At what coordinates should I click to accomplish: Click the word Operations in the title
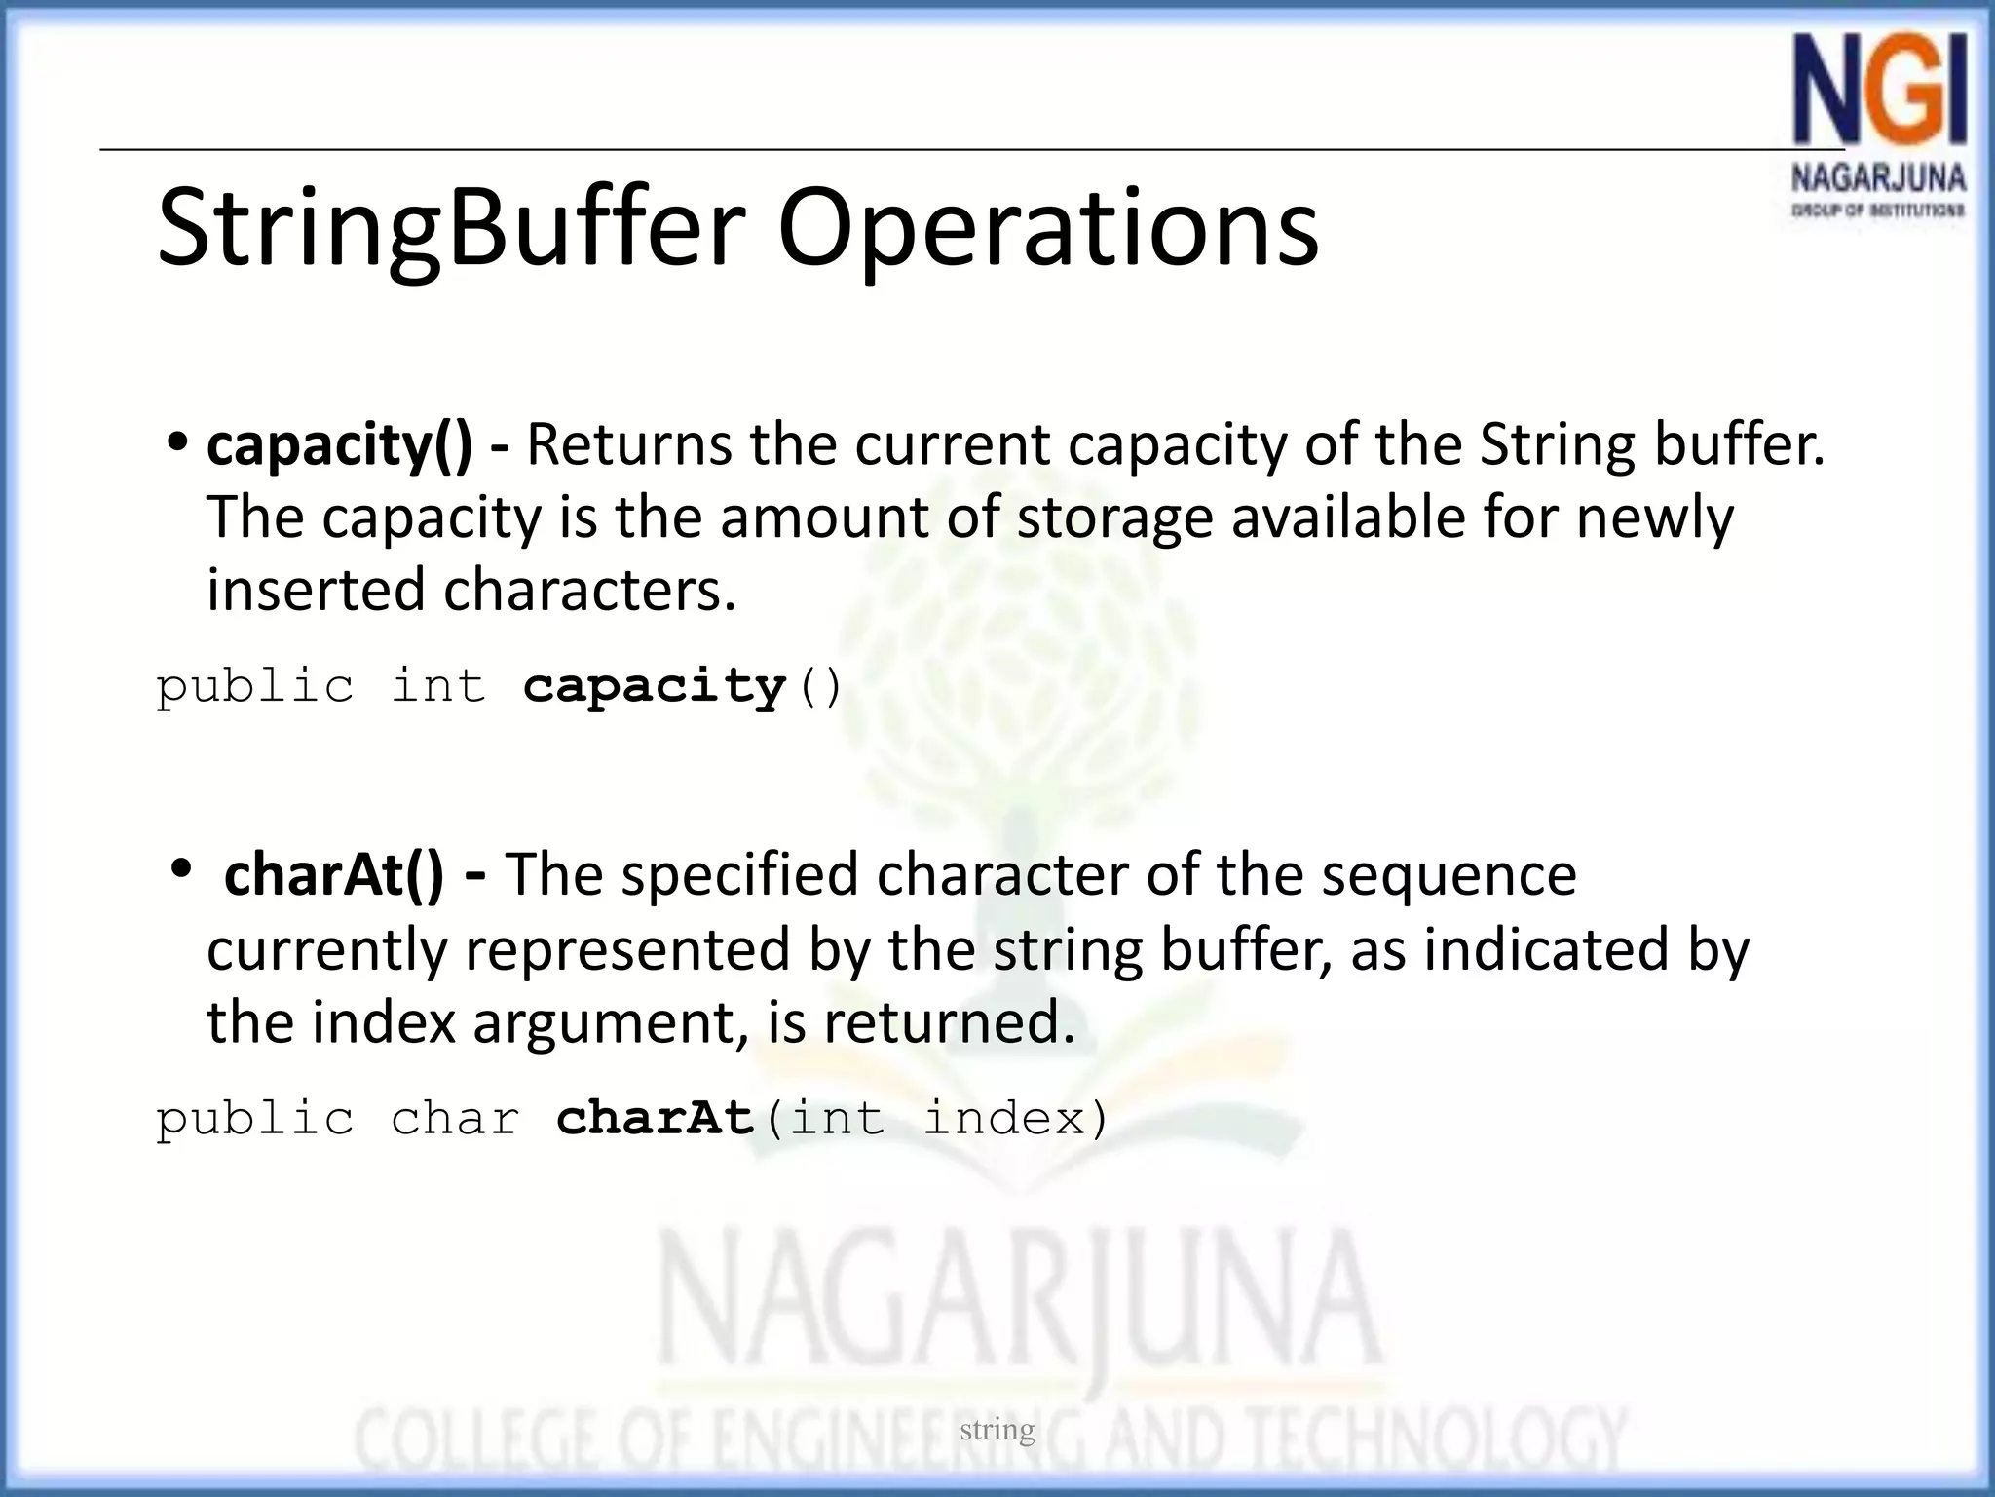pyautogui.click(x=1047, y=229)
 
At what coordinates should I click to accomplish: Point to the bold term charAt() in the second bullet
pyautogui.click(x=333, y=874)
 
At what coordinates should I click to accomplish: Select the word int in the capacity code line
pyautogui.click(x=437, y=686)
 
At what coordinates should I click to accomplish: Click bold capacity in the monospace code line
pyautogui.click(x=654, y=686)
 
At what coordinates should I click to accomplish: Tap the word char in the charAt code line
pyautogui.click(x=455, y=1118)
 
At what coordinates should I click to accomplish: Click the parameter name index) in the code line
pyautogui.click(x=1016, y=1118)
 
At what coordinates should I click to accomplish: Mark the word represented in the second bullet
pyautogui.click(x=627, y=949)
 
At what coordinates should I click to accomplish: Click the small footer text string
pyautogui.click(x=997, y=1430)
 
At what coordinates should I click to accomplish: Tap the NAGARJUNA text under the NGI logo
pyautogui.click(x=1878, y=178)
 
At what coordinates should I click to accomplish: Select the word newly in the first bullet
pyautogui.click(x=1655, y=518)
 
